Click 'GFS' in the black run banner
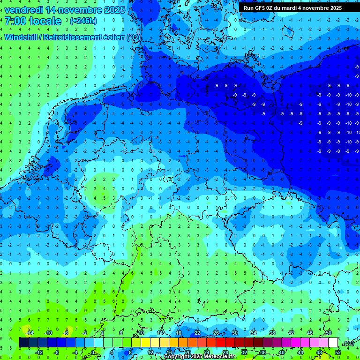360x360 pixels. click(x=263, y=8)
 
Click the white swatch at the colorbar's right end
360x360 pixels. click(x=333, y=343)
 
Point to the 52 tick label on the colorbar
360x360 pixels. click(x=338, y=352)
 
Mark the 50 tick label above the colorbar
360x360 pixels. click(x=328, y=333)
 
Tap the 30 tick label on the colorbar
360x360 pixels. click(x=234, y=333)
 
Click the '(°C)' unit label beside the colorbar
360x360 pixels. click(x=348, y=343)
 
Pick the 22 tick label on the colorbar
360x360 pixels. click(x=197, y=333)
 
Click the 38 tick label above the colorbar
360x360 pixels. click(x=272, y=333)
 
